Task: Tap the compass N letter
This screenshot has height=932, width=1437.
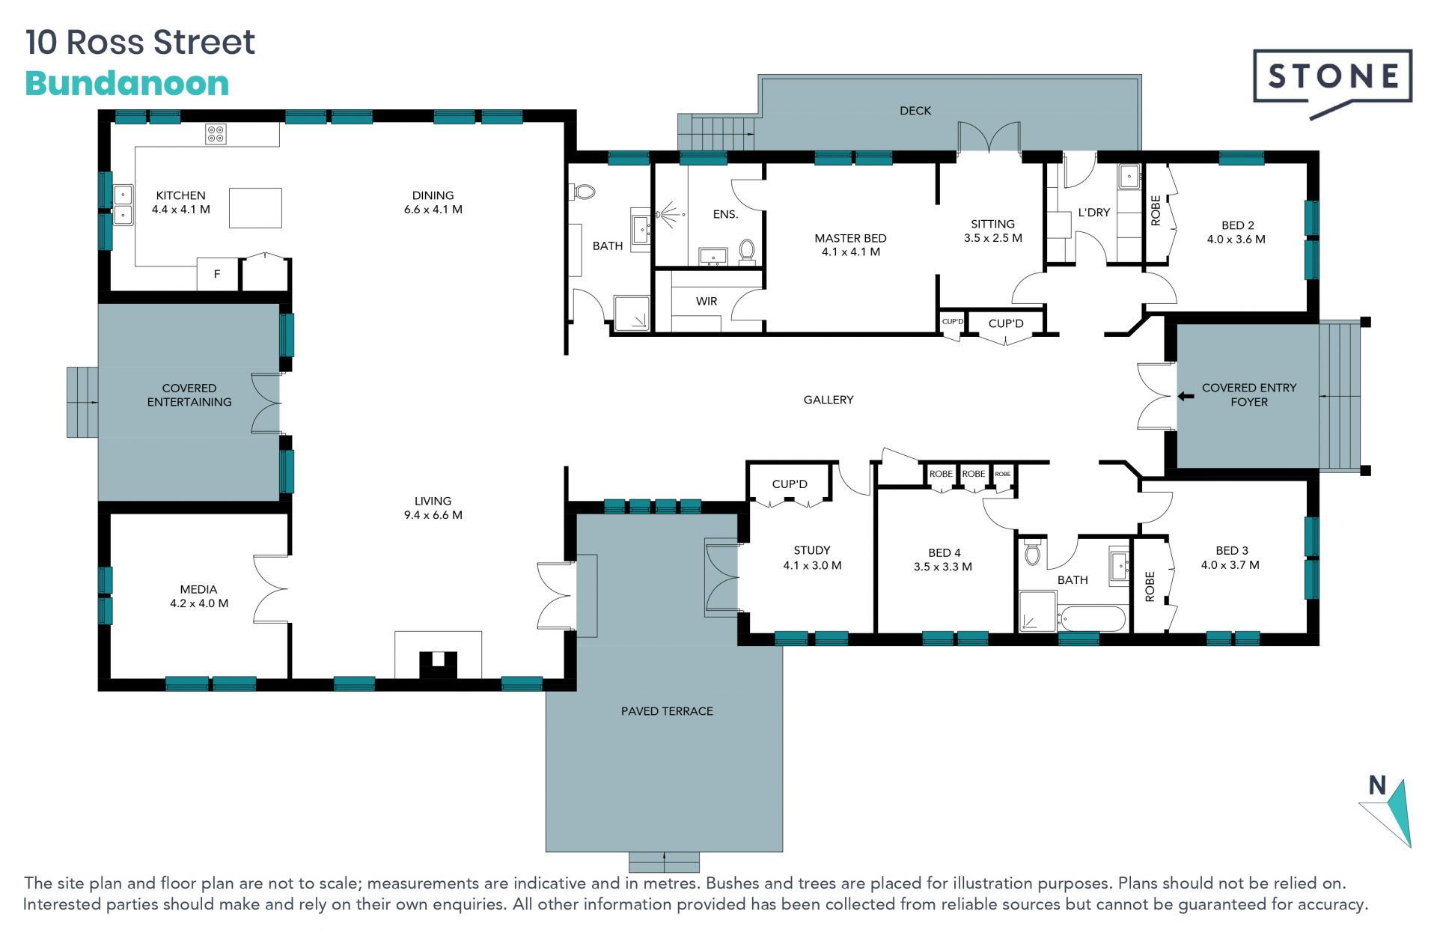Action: coord(1377,785)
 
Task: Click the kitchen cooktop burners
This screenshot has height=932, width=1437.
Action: coord(216,134)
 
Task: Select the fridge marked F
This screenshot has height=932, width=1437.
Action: coord(217,274)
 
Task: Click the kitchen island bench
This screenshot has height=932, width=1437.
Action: coord(255,208)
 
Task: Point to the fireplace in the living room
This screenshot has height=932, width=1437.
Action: coord(438,656)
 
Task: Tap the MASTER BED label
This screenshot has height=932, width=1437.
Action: coord(850,238)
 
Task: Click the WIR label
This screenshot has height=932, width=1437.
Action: coord(707,301)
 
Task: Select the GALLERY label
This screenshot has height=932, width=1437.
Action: coord(829,400)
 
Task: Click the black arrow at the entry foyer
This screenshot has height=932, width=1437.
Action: coord(1186,396)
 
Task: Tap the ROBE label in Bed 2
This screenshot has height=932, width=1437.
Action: coord(1156,210)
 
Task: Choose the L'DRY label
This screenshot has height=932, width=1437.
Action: coord(1093,213)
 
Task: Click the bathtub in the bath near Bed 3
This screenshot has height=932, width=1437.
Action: coord(1092,619)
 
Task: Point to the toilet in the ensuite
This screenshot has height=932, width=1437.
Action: coord(746,249)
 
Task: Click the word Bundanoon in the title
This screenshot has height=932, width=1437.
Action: coord(127,83)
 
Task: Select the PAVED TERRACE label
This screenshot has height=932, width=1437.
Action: coord(667,711)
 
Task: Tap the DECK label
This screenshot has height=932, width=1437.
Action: coord(915,111)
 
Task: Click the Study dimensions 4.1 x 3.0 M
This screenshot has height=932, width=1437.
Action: coord(812,565)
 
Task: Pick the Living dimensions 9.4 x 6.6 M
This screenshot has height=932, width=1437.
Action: coord(433,515)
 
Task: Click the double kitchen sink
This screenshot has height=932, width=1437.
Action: coord(123,205)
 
